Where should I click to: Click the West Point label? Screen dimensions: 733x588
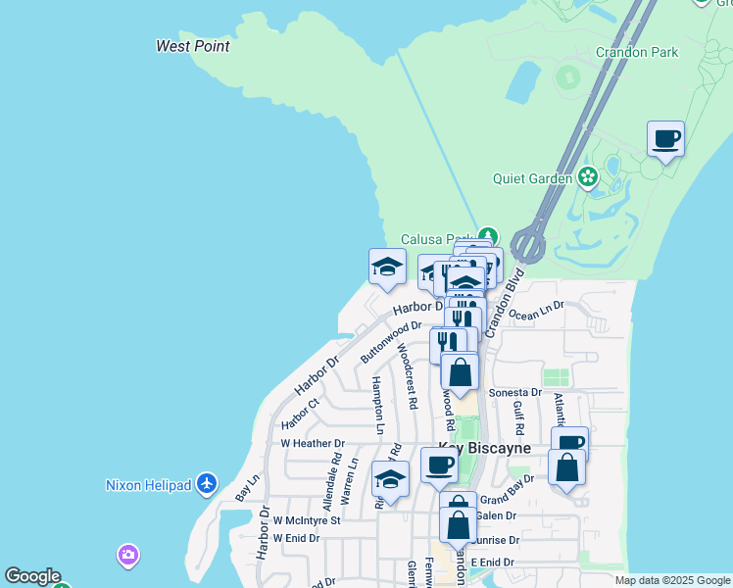click(193, 46)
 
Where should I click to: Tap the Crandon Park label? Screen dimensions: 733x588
click(637, 51)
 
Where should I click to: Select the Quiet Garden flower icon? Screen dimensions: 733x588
click(588, 177)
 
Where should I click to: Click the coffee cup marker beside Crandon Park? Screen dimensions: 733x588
click(665, 139)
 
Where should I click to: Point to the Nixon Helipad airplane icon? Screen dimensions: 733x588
click(206, 483)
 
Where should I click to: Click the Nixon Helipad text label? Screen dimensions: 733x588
click(149, 484)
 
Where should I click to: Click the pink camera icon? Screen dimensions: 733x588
click(127, 556)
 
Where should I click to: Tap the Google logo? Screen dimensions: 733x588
click(31, 576)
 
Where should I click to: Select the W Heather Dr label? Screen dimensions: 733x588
click(313, 443)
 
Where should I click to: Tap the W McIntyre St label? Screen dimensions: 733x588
click(306, 520)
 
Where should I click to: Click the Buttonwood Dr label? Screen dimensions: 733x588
click(390, 340)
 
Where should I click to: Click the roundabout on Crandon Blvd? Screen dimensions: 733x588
click(527, 243)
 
